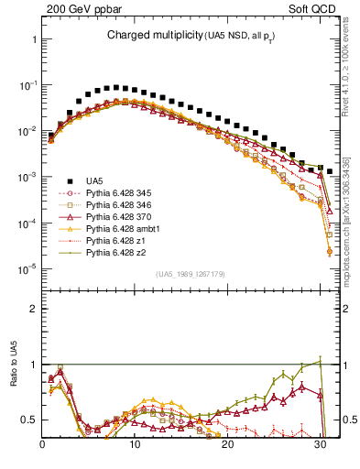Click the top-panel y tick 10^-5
coord(28,268)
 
